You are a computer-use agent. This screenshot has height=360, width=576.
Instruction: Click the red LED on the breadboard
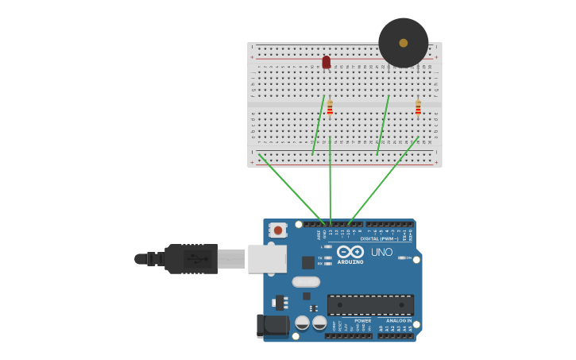[x=327, y=62]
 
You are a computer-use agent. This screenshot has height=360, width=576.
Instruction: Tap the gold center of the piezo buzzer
[x=404, y=43]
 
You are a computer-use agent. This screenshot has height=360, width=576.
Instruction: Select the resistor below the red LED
[x=330, y=108]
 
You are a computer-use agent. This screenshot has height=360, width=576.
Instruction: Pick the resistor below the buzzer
[x=418, y=107]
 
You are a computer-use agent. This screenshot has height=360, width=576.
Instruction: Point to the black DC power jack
[x=272, y=325]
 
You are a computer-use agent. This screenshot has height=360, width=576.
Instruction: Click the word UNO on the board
[x=381, y=253]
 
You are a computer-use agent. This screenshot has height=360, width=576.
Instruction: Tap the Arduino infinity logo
[x=350, y=251]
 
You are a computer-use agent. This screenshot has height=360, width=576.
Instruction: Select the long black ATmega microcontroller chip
[x=370, y=304]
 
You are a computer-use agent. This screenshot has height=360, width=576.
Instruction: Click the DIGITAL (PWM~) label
[x=380, y=238]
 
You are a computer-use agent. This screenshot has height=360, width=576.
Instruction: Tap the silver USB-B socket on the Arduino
[x=267, y=258]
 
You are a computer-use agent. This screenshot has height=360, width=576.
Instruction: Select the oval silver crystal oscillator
[x=306, y=281]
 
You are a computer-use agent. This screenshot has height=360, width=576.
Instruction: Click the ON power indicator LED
[x=403, y=257]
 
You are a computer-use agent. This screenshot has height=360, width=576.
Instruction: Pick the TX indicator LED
[x=328, y=257]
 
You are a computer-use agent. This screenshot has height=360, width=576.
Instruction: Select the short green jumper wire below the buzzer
[x=383, y=125]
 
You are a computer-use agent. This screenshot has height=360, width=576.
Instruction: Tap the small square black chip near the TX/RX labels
[x=308, y=262]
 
